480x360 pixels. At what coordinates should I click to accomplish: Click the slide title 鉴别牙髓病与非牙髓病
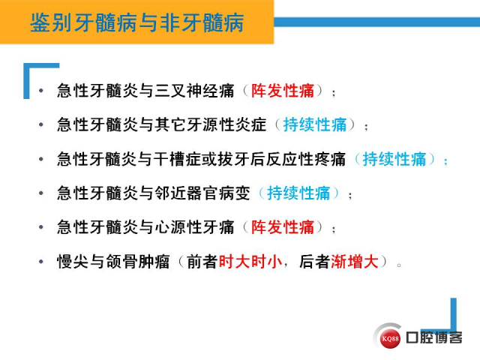pos(136,22)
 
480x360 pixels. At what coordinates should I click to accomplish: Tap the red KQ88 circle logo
pos(390,338)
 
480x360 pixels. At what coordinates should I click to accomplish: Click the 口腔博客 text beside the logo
pos(434,337)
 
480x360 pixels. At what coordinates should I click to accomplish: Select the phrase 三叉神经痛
pos(194,91)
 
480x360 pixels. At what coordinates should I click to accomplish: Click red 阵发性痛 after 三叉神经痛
pos(283,91)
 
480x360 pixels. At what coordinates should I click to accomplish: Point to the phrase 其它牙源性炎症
pos(211,125)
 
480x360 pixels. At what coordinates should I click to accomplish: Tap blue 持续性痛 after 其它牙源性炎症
pos(315,125)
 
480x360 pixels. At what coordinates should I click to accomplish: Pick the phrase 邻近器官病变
pos(202,193)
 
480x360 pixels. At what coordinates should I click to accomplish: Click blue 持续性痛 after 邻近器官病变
pos(298,193)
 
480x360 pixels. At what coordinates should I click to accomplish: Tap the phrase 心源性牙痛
pos(194,227)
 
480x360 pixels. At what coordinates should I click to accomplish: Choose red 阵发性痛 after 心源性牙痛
pos(283,227)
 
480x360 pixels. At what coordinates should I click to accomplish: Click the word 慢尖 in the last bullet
pos(73,262)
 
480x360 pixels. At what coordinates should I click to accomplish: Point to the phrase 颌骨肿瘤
pos(138,262)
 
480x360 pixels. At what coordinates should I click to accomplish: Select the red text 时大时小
pos(250,262)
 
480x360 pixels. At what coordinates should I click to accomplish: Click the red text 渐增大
pos(355,262)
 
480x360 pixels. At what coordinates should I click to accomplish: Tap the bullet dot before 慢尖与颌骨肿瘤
pos(41,262)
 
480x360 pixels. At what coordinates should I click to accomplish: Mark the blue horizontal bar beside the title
pos(376,22)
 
